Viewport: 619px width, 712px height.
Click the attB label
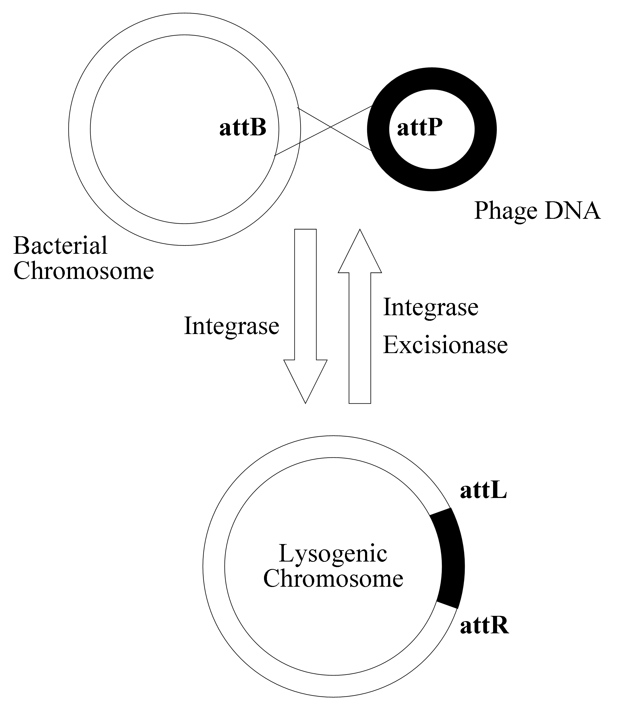243,128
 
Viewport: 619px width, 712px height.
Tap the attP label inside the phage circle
420,128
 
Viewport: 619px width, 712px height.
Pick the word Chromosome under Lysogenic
333,578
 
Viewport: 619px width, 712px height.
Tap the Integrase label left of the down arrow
231,326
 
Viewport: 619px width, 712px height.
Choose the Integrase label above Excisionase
431,307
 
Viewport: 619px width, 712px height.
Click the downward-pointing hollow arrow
305,311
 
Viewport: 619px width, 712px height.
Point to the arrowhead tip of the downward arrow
305,402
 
